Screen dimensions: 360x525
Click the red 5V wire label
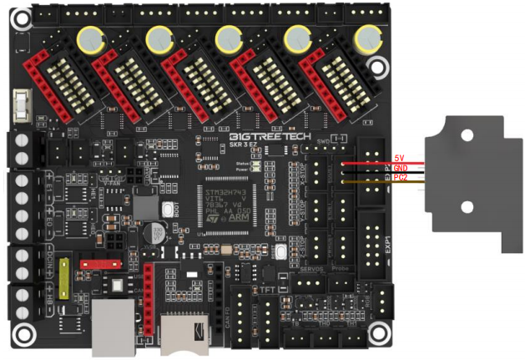400,158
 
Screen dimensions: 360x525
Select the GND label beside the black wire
401,168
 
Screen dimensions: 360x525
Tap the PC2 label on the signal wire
401,178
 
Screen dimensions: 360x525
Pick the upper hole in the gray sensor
467,134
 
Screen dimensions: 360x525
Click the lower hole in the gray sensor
467,206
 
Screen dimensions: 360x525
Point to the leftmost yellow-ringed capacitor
89,38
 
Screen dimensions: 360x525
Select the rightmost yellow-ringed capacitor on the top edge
366,38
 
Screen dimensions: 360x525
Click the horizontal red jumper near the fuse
96,263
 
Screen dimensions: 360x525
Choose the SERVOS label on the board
310,270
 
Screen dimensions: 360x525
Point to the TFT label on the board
267,289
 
